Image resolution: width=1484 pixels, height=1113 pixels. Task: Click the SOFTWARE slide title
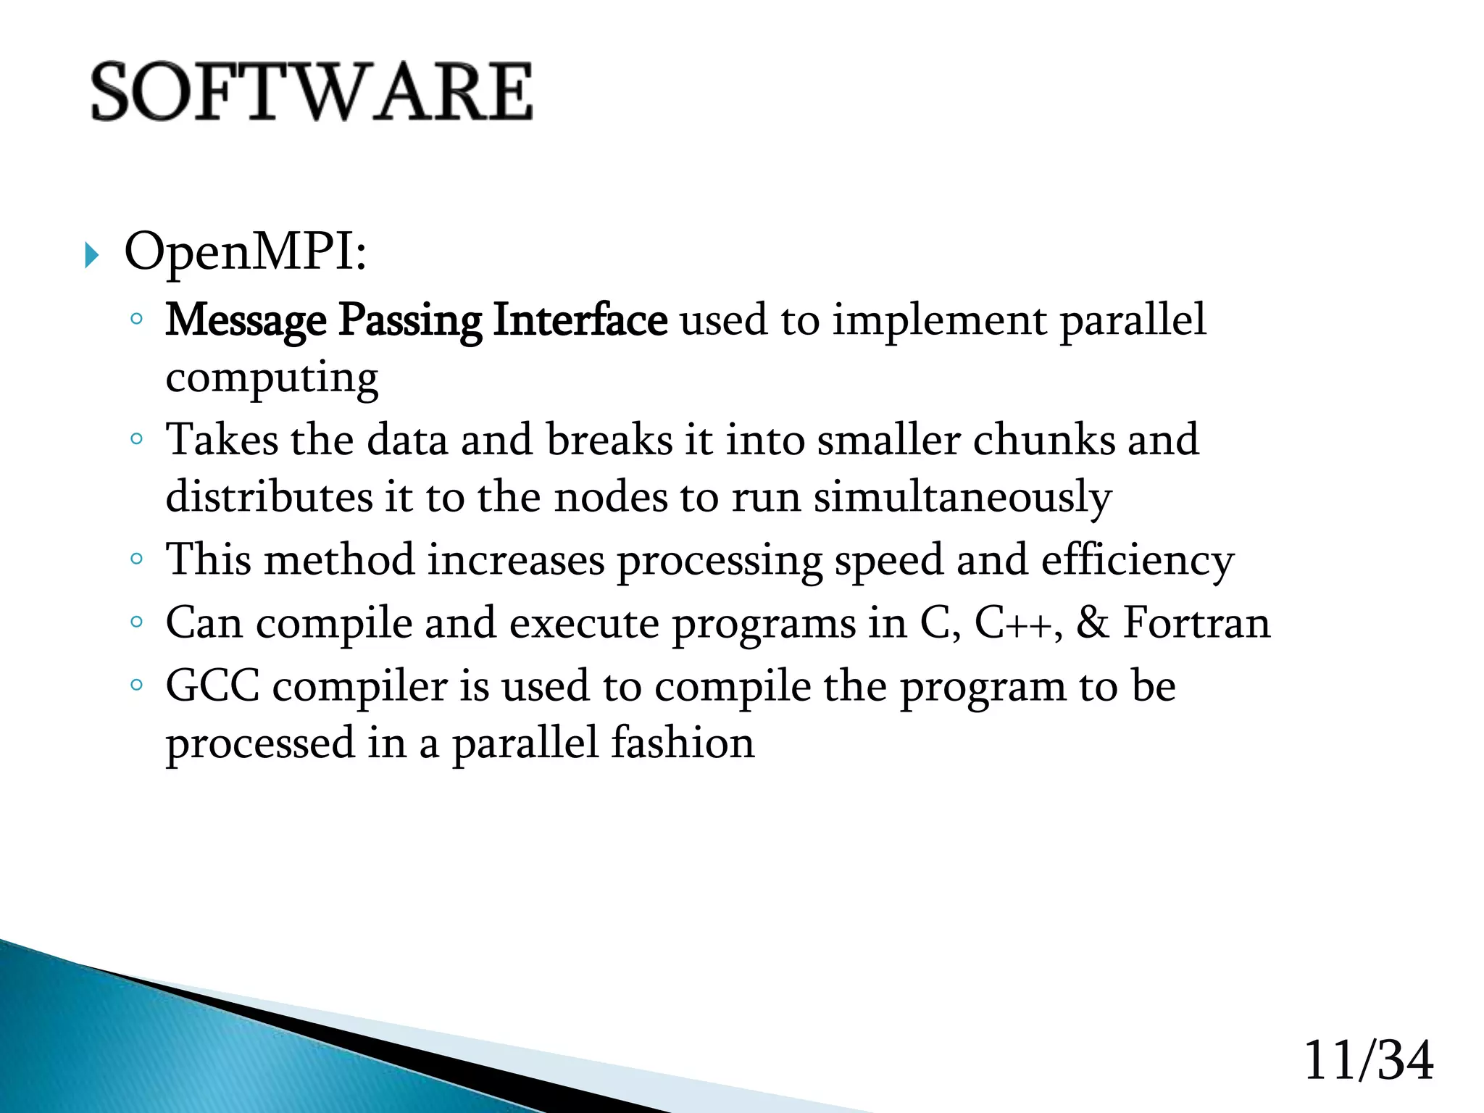pyautogui.click(x=312, y=92)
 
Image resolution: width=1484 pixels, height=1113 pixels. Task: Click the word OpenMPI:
pyautogui.click(x=245, y=253)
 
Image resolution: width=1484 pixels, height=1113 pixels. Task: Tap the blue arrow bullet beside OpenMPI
pyautogui.click(x=91, y=255)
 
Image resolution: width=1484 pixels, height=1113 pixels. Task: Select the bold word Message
pyautogui.click(x=246, y=321)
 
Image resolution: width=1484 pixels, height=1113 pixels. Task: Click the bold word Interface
pyautogui.click(x=579, y=320)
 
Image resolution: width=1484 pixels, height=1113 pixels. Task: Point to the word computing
pyautogui.click(x=272, y=379)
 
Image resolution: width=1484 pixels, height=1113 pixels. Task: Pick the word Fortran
pyautogui.click(x=1196, y=623)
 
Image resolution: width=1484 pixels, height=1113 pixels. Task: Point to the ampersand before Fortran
pyautogui.click(x=1092, y=622)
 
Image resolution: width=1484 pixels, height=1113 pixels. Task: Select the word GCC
pyautogui.click(x=212, y=685)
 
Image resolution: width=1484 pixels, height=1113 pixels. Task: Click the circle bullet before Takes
pyautogui.click(x=136, y=438)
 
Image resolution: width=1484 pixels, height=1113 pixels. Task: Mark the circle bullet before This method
pyautogui.click(x=136, y=559)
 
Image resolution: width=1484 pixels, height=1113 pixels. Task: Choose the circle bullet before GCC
pyautogui.click(x=136, y=684)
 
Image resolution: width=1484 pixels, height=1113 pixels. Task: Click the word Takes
pyautogui.click(x=221, y=440)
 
